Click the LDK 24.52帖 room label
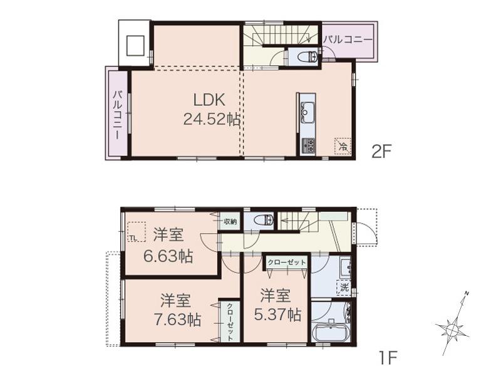coord(211,109)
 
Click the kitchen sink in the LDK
coord(307,113)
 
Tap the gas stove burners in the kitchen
coord(308,145)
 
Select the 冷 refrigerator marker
coord(343,147)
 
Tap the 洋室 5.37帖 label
coord(277,304)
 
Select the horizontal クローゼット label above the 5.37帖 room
coord(286,263)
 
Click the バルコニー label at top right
coord(348,39)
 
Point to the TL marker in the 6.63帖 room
coord(133,236)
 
